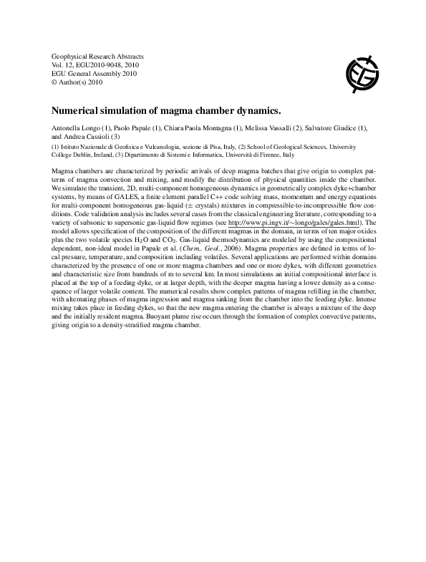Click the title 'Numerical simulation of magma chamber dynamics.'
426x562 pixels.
pyautogui.click(x=167, y=112)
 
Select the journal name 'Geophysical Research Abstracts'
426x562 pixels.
pyautogui.click(x=98, y=56)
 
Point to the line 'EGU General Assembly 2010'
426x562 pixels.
pyautogui.click(x=94, y=73)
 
